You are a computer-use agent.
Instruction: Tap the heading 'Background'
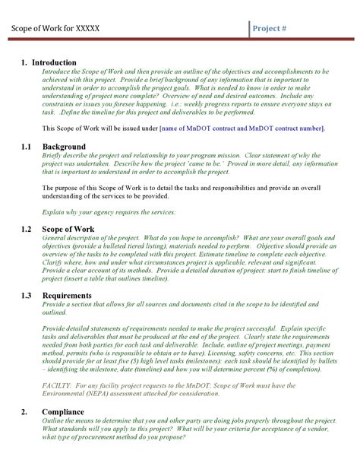click(x=64, y=145)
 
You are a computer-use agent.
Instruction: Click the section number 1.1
click(x=27, y=145)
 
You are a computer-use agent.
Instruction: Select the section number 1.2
click(x=27, y=227)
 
